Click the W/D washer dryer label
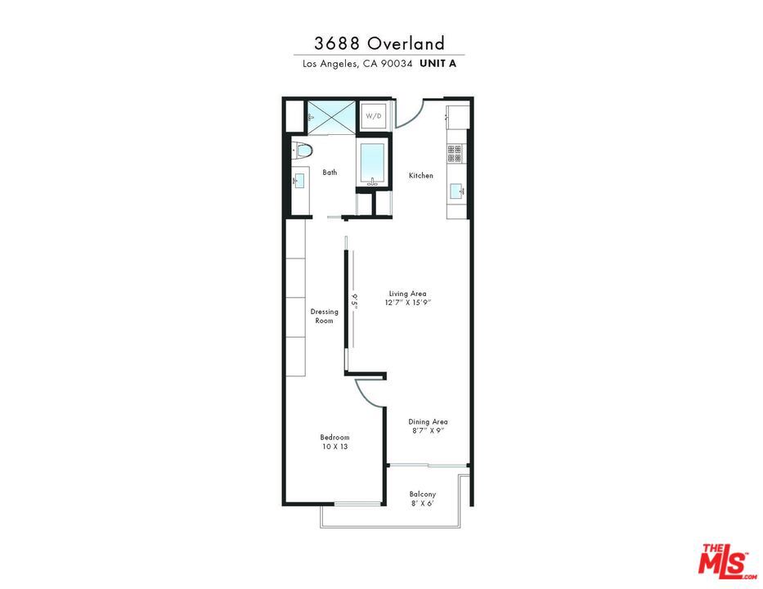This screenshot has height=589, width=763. point(373,116)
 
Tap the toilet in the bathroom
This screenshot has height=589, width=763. point(303,150)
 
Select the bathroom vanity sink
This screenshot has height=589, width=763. point(298,179)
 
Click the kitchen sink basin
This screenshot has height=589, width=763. point(456,191)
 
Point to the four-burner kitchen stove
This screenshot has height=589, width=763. point(455,153)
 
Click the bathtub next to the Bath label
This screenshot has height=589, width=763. point(373,163)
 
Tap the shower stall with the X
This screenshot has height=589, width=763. point(331,116)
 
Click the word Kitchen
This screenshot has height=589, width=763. point(421,176)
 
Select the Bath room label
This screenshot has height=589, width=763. point(330,173)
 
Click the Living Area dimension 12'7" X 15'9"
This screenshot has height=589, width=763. point(407,303)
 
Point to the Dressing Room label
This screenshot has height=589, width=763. point(325,316)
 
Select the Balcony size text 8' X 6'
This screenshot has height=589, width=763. point(423,503)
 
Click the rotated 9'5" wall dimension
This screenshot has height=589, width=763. point(355,300)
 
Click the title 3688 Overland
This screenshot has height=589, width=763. point(379,43)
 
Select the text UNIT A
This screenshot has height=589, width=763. point(438,63)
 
